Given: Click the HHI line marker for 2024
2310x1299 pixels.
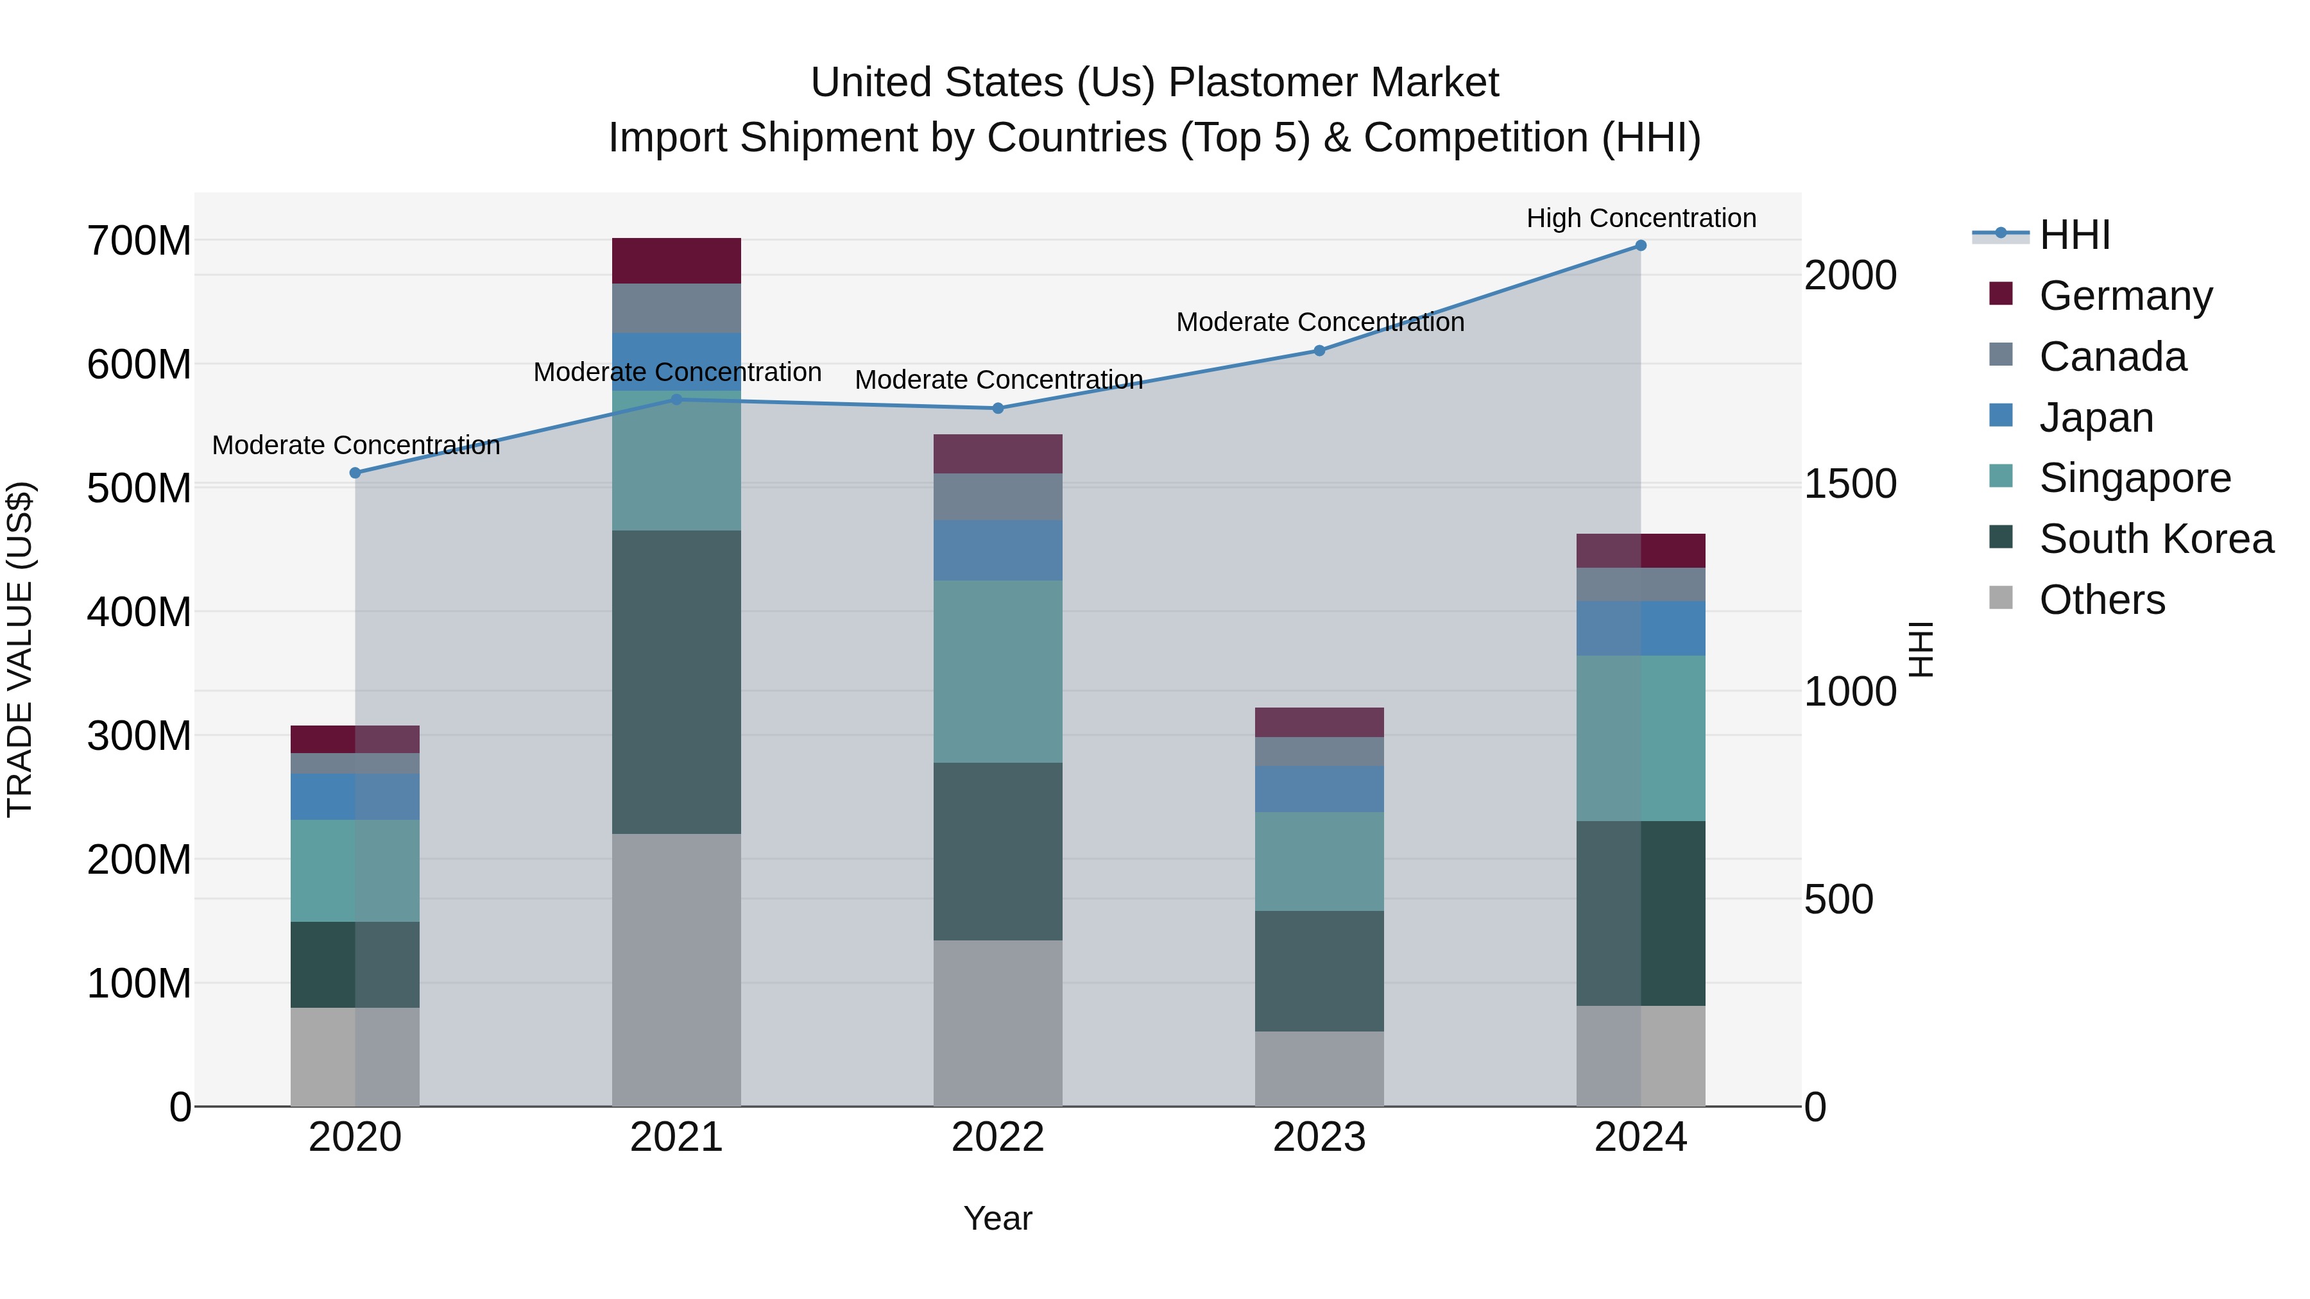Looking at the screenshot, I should point(1640,246).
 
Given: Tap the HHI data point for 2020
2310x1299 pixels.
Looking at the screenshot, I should point(355,472).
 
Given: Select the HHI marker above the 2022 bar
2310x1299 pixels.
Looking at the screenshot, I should point(997,408).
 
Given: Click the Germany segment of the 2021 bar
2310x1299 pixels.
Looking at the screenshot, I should point(676,261).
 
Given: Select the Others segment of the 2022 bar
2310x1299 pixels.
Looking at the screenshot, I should point(997,1023).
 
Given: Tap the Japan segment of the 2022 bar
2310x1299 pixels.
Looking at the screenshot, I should point(997,550).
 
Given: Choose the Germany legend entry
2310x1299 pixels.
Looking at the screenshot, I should point(2125,296).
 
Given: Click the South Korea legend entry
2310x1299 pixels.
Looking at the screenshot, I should point(2156,539).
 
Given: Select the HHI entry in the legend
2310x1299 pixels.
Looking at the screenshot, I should point(2074,235).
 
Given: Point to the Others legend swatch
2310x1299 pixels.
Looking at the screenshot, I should point(2001,598).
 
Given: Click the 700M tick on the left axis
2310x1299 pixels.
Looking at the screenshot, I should point(139,241).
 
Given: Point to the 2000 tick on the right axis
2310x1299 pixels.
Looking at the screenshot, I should point(1850,275).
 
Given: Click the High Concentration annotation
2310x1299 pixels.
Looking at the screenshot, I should point(1640,218).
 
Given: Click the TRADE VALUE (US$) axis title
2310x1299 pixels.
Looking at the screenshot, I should point(20,649).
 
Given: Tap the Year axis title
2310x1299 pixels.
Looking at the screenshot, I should point(997,1218).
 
